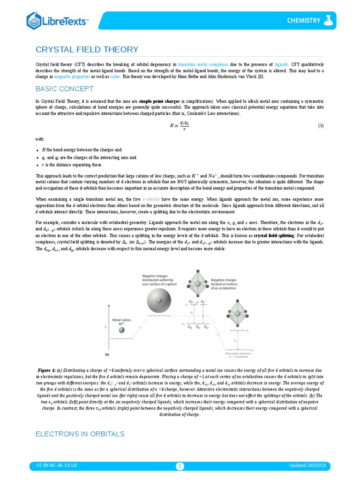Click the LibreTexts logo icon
[34, 21]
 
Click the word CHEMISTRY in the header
[304, 21]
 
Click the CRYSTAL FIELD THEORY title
[87, 50]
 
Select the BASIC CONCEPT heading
[65, 89]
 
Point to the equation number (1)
[321, 126]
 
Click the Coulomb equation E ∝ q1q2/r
[180, 126]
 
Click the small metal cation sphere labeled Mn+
[121, 330]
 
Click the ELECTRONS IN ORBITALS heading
[80, 434]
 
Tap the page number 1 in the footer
[180, 465]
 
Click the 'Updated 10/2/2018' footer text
[310, 465]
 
